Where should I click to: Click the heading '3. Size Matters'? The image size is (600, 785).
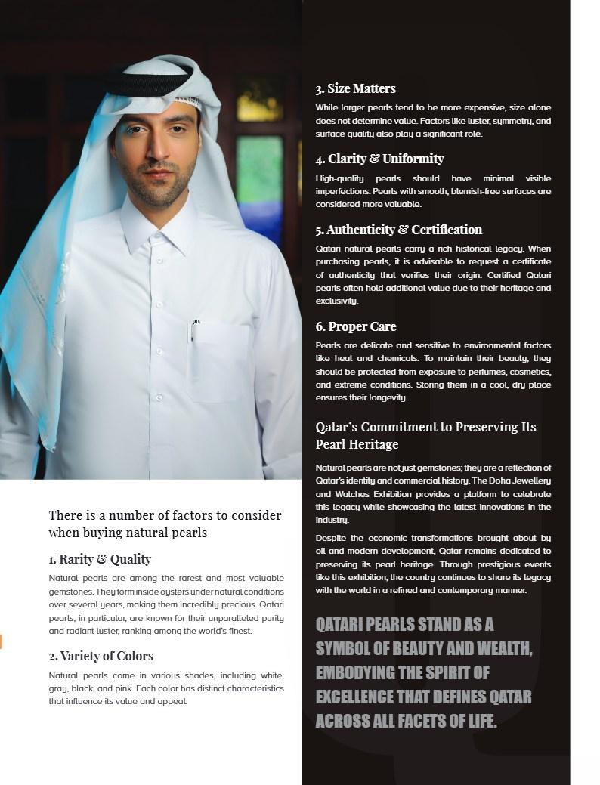click(x=355, y=88)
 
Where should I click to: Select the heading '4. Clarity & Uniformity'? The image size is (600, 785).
click(x=379, y=159)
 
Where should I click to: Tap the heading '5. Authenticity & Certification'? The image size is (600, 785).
click(x=398, y=230)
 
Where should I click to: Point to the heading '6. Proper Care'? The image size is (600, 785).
click(x=355, y=326)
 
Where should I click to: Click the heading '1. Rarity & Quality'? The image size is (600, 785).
click(x=100, y=559)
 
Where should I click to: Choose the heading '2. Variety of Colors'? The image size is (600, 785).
click(x=101, y=656)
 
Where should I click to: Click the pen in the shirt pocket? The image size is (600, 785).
click(x=195, y=329)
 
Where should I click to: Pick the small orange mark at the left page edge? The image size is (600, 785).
click(x=1, y=641)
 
